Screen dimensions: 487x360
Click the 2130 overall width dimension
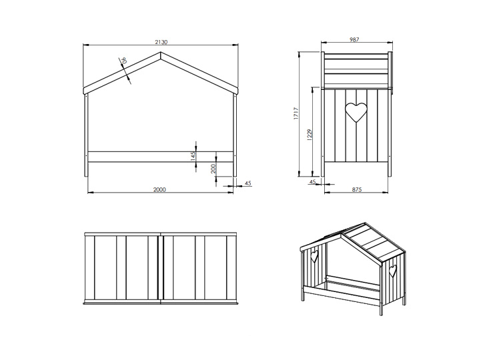click(x=161, y=42)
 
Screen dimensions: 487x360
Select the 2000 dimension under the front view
click(x=159, y=189)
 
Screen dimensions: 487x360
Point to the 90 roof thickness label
click(x=123, y=61)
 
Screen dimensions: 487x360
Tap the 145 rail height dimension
click(x=193, y=156)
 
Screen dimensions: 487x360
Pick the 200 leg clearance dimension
click(x=213, y=169)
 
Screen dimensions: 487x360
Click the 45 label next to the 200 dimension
click(x=248, y=183)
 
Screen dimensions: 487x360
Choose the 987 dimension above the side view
click(x=354, y=39)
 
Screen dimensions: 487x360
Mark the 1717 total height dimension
click(x=296, y=113)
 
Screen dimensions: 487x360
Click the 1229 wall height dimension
click(x=309, y=135)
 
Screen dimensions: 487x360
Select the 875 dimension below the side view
click(x=357, y=189)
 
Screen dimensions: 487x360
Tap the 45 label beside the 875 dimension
click(x=312, y=181)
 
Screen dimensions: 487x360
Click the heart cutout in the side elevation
click(x=356, y=112)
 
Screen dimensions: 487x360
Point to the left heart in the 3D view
click(x=315, y=257)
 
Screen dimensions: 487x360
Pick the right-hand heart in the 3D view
click(x=393, y=271)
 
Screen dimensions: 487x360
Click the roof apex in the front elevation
click(x=161, y=52)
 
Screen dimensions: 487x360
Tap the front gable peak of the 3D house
click(x=342, y=234)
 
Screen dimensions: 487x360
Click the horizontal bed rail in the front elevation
click(x=161, y=157)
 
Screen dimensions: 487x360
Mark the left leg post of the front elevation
click(x=86, y=135)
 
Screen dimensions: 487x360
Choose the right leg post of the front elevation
click(x=235, y=135)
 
